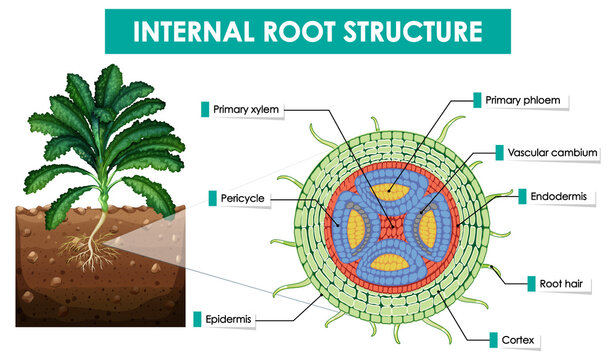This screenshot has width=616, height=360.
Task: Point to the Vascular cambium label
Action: [553, 153]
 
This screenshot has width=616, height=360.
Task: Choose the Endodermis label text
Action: [563, 197]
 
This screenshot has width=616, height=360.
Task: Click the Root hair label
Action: [565, 283]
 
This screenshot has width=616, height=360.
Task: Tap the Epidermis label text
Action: [228, 320]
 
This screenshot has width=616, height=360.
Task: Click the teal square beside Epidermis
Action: [198, 320]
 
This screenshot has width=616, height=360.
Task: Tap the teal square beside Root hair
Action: [533, 283]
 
